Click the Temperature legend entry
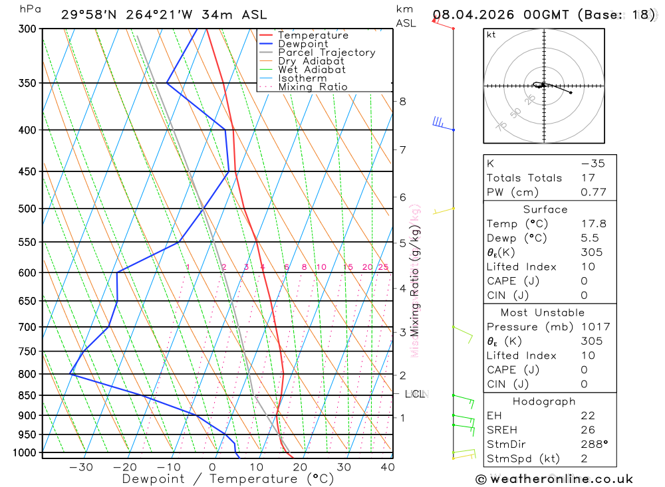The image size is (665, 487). coord(313,35)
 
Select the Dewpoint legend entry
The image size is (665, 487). coord(303,44)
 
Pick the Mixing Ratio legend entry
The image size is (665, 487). coord(313,87)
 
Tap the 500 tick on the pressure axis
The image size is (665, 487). coord(27,209)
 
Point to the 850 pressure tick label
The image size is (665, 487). coord(27,395)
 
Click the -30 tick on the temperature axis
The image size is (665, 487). coord(81,467)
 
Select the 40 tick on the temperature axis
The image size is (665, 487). coord(387,467)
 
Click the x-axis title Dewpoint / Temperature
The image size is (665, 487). coord(227,479)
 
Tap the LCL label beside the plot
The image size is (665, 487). coord(414,395)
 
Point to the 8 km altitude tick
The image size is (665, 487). coord(402,102)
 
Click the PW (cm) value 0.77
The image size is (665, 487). coord(593,192)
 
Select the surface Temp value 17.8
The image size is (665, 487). coord(593,224)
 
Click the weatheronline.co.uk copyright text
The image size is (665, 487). coord(554,479)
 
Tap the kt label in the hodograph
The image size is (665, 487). coord(491,35)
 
